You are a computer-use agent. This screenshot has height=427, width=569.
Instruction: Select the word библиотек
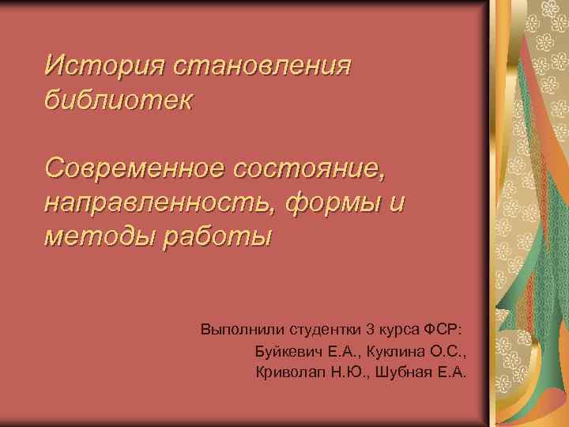coord(119,100)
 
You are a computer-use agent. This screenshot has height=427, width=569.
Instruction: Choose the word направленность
coord(156,203)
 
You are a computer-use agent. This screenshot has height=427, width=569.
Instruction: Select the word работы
coord(216,237)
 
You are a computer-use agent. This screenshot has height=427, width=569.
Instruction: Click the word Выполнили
coord(236,328)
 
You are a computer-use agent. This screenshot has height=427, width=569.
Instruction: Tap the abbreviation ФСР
coord(447,328)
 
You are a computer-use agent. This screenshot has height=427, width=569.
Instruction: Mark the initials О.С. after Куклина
coord(443,350)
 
